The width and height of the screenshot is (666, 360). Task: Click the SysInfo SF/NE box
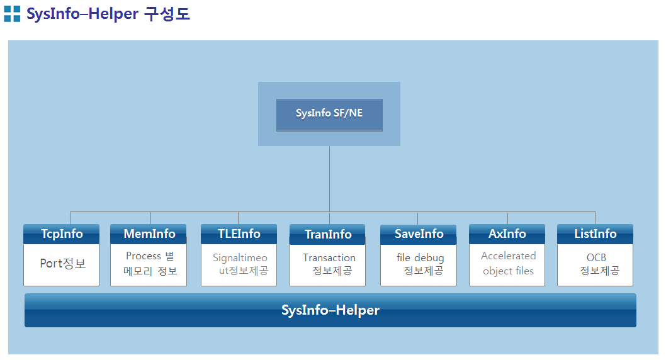coord(329,115)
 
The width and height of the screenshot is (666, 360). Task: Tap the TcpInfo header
coord(62,234)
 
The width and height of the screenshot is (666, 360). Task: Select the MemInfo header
coord(149,234)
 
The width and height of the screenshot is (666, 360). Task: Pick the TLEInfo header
coord(239,234)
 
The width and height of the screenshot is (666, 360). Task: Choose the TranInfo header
coord(327,234)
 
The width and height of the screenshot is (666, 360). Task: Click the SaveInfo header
coord(419,234)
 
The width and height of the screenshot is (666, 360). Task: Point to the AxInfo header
coord(507,234)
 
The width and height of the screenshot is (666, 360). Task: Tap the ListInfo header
coord(595,234)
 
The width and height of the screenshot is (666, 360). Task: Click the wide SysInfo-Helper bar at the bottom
coord(330,310)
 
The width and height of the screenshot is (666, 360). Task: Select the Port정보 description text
coord(63,264)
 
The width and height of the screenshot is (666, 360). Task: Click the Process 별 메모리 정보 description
coord(150,264)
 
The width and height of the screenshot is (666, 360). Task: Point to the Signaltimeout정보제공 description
coord(240,264)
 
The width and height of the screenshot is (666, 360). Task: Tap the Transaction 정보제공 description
coord(329,264)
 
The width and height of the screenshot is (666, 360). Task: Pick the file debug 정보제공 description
coord(420,264)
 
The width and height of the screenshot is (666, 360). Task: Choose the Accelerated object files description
coord(509,263)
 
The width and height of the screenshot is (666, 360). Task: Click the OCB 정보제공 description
coord(599,264)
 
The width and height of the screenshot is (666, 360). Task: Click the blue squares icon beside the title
coord(12,14)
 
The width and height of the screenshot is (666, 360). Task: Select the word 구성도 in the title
coord(167,14)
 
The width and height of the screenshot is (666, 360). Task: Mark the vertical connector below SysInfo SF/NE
coord(330,179)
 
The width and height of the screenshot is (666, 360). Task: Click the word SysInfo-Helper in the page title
coord(82,14)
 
